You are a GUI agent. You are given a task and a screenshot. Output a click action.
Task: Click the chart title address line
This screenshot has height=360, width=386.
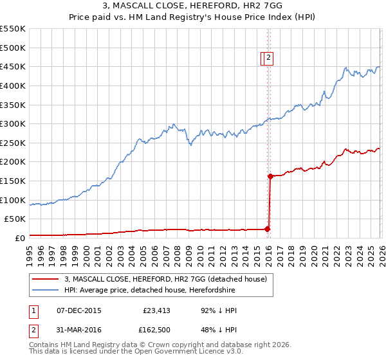[192, 6]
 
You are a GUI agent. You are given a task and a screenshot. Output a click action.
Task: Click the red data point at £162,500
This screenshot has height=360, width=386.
[270, 176]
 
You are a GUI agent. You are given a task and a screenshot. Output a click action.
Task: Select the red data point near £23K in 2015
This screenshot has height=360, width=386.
[267, 229]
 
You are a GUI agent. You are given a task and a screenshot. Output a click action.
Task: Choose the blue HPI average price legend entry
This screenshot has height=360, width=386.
[168, 291]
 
